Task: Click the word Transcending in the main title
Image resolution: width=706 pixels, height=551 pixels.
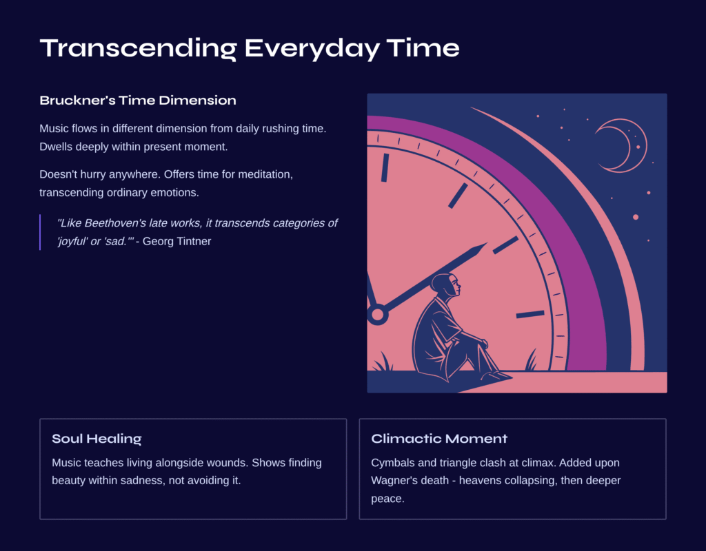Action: coord(138,48)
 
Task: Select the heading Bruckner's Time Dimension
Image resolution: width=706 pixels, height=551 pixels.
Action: coord(138,101)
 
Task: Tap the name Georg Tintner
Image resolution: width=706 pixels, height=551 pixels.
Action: coord(177,242)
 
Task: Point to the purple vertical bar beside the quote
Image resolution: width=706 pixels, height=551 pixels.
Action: coord(40,232)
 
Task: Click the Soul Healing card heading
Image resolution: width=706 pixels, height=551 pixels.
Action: coord(97,439)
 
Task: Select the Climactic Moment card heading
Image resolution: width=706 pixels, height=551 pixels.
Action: coord(439,439)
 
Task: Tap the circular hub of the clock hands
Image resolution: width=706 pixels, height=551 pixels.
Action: coord(377,314)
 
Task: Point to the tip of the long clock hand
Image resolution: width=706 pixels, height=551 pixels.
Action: coord(487,243)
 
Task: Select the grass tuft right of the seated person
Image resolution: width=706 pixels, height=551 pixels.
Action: coord(532,360)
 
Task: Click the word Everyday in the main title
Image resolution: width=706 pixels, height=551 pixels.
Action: coord(312,49)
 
